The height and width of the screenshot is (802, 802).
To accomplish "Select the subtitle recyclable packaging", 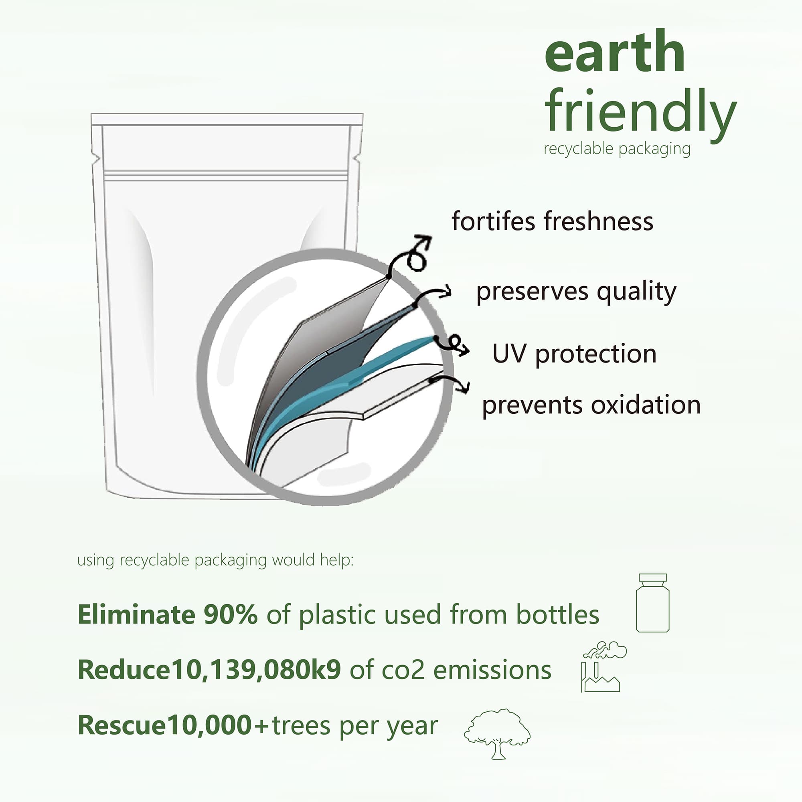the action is tap(617, 149).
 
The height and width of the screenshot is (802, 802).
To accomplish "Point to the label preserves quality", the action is tap(576, 292).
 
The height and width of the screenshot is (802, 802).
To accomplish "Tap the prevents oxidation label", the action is tap(591, 405).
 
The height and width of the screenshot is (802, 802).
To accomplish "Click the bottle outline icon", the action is tap(652, 603).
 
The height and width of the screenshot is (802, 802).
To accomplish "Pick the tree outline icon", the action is tap(497, 734).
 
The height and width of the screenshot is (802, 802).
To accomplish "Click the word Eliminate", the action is tap(137, 614).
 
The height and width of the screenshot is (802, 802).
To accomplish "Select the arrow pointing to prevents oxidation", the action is tap(450, 383).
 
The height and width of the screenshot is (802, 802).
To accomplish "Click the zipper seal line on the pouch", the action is tap(226, 175).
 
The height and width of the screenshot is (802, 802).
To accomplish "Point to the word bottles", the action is tap(557, 614).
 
